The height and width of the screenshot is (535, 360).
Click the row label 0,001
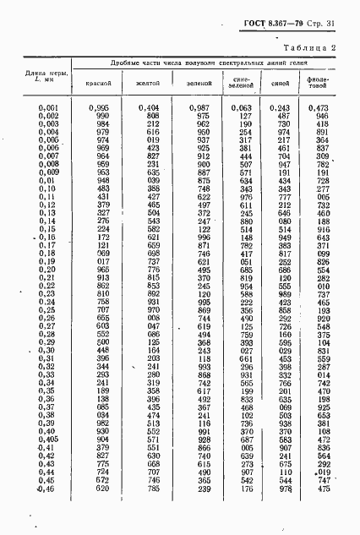49,108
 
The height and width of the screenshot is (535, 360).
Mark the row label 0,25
51,308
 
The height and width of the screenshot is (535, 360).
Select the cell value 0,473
319,108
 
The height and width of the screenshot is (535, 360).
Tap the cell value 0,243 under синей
282,108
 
